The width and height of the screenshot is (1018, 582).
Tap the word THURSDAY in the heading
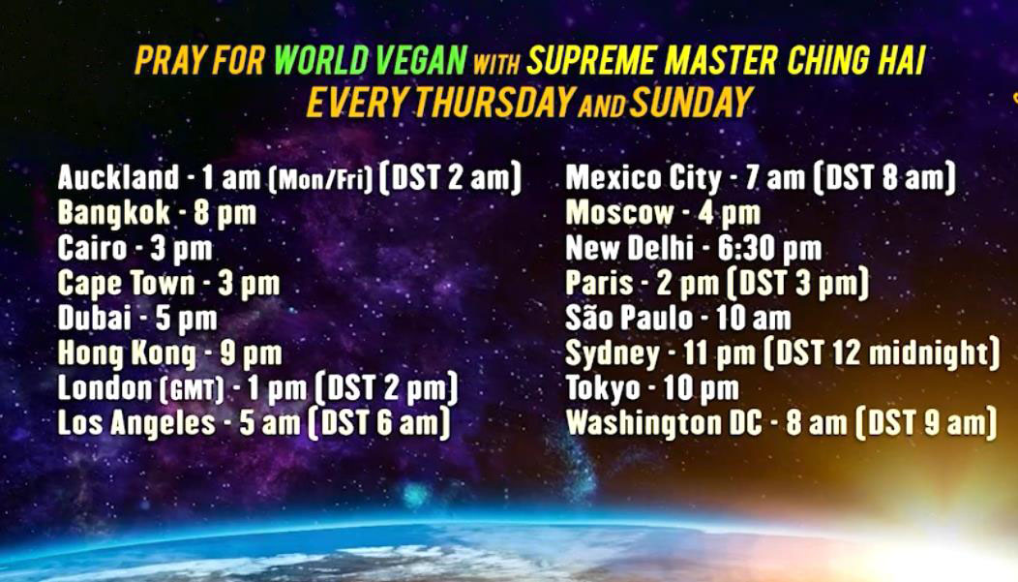click(494, 102)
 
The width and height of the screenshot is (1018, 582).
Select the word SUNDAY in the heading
click(691, 102)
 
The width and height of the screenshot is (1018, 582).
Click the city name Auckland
click(118, 176)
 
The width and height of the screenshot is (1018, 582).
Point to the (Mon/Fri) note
click(321, 178)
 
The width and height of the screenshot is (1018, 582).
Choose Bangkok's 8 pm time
click(225, 214)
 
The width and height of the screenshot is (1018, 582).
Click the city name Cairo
click(92, 248)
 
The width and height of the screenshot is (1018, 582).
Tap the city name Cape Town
click(126, 283)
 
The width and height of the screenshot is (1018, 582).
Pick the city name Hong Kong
click(127, 354)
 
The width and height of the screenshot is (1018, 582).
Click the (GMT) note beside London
click(192, 389)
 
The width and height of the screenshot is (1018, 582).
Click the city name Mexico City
click(644, 177)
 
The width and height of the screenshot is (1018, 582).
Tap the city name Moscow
click(620, 212)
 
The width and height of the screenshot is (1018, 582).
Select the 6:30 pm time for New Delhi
click(770, 248)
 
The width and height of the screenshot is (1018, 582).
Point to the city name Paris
click(599, 283)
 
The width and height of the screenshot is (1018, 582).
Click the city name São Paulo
click(629, 318)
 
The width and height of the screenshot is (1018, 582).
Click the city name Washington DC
click(664, 423)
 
